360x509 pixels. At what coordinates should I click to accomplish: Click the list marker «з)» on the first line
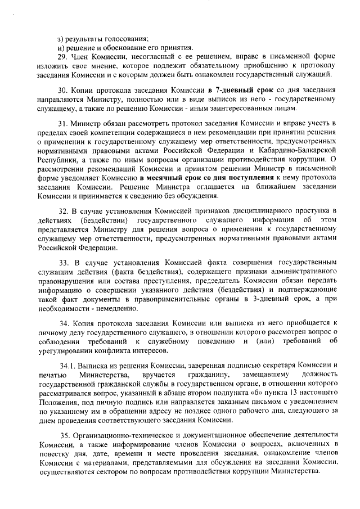click(x=61, y=38)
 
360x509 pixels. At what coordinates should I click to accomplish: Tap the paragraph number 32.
click(x=63, y=211)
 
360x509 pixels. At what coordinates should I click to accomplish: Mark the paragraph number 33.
click(x=63, y=263)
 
